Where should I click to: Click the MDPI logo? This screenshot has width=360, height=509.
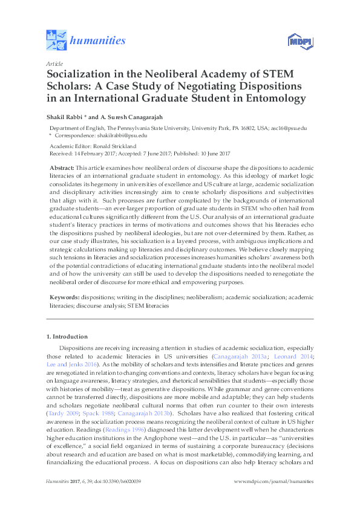(298, 42)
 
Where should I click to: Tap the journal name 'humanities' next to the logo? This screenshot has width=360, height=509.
(98, 41)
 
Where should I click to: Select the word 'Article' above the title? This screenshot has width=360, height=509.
(54, 63)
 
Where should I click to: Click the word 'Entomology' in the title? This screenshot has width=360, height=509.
(272, 99)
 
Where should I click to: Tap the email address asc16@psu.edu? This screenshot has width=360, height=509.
(293, 129)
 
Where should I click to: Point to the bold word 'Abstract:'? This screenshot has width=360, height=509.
(62, 166)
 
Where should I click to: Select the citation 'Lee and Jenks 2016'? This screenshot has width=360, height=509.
(71, 365)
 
